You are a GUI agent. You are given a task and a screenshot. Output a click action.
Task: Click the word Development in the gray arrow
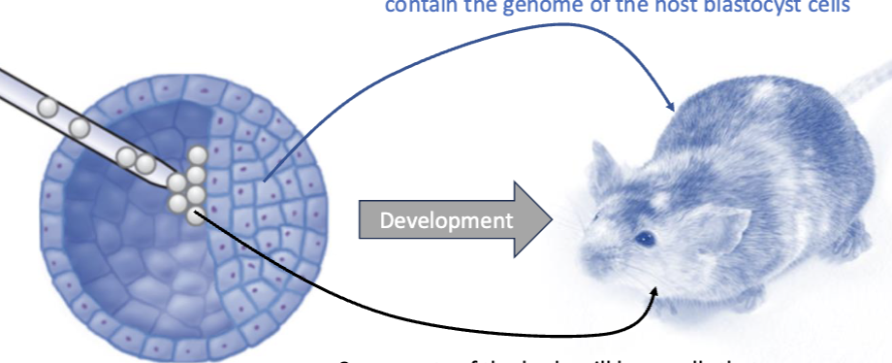446,220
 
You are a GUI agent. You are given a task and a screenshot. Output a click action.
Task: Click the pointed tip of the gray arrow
549,220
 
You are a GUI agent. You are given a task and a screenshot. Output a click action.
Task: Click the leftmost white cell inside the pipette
45,104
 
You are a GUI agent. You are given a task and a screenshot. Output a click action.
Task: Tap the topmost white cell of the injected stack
198,155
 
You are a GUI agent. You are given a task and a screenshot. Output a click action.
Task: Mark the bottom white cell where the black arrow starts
195,216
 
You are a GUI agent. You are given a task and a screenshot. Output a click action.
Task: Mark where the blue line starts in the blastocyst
265,179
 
